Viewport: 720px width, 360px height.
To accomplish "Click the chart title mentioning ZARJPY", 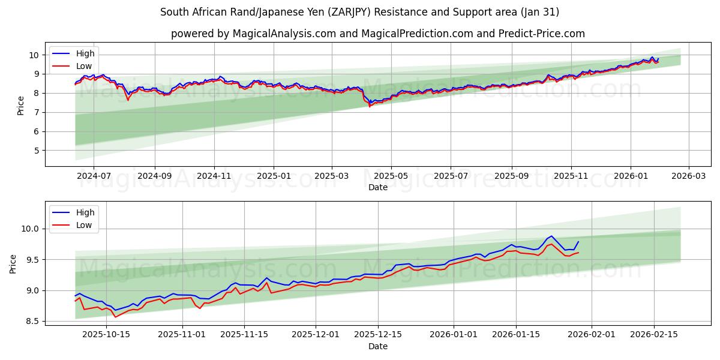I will tap(360, 12).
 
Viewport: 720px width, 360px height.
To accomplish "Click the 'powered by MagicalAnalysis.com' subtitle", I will tap(378, 34).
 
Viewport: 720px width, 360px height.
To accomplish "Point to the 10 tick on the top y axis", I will tap(35, 55).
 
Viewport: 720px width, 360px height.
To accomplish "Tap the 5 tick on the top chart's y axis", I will tap(37, 151).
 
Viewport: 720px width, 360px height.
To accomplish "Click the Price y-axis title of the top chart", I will tap(21, 105).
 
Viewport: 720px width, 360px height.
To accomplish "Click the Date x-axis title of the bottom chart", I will tap(378, 347).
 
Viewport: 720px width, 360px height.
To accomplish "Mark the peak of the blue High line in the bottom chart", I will tap(551, 236).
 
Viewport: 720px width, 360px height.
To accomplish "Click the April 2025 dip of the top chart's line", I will tap(370, 106).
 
